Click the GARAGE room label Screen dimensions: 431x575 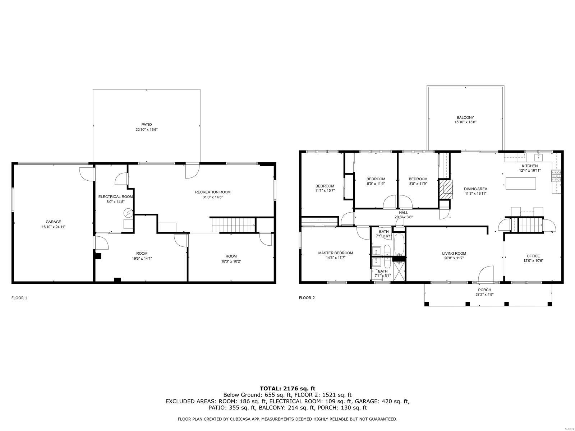coord(53,222)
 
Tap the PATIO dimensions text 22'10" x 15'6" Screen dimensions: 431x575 coord(146,130)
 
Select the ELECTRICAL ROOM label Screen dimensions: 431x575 coord(115,197)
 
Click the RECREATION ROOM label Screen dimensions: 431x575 coord(212,192)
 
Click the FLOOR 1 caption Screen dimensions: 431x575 coord(19,298)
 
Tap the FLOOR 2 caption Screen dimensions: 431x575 coord(307,298)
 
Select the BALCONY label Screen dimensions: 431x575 coord(465,117)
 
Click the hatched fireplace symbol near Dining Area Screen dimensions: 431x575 coord(446,189)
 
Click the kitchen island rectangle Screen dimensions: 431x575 coord(521,183)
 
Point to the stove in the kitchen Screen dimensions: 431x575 coord(556,176)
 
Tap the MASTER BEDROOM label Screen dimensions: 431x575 coord(335,253)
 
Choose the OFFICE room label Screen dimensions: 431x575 coord(533,256)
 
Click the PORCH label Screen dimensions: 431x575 coord(484,290)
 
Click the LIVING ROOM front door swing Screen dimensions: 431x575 coord(487,273)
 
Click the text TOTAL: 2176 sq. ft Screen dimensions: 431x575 coord(287,388)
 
